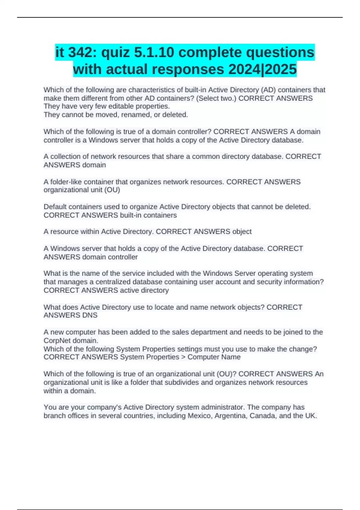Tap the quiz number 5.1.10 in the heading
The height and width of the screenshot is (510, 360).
click(154, 52)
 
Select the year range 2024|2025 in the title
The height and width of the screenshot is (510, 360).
click(262, 69)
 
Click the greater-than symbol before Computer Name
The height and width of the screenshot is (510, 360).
click(183, 357)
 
